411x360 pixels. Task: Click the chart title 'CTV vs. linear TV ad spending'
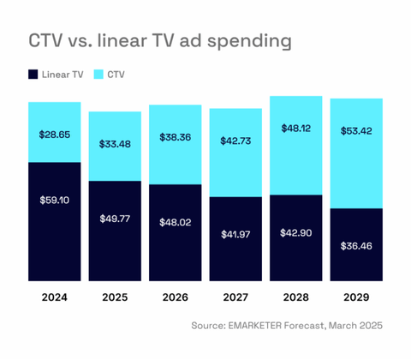pyautogui.click(x=160, y=40)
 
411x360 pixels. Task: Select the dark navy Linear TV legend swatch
pyautogui.click(x=33, y=75)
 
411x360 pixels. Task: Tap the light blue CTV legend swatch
pyautogui.click(x=98, y=75)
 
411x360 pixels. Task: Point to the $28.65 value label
pyautogui.click(x=55, y=135)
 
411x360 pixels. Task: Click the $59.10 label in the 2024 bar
pyautogui.click(x=55, y=200)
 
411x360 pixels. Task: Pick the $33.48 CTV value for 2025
pyautogui.click(x=115, y=144)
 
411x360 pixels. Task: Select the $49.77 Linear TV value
pyautogui.click(x=115, y=219)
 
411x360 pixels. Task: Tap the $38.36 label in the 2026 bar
pyautogui.click(x=176, y=137)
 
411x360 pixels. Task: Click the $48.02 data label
pyautogui.click(x=176, y=222)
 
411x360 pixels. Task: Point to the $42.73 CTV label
pyautogui.click(x=235, y=141)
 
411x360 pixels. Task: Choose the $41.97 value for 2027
pyautogui.click(x=235, y=235)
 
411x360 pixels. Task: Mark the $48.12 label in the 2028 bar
pyautogui.click(x=296, y=129)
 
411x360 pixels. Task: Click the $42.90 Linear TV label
pyautogui.click(x=296, y=233)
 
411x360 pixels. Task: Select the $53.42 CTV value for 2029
pyautogui.click(x=356, y=131)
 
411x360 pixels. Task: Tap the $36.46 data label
pyautogui.click(x=356, y=246)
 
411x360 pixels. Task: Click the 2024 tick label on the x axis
pyautogui.click(x=55, y=297)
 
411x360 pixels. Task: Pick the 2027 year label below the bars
pyautogui.click(x=235, y=297)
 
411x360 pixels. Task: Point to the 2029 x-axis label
pyautogui.click(x=356, y=297)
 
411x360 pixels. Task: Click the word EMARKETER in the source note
pyautogui.click(x=255, y=326)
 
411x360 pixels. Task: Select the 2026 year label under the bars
pyautogui.click(x=176, y=297)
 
